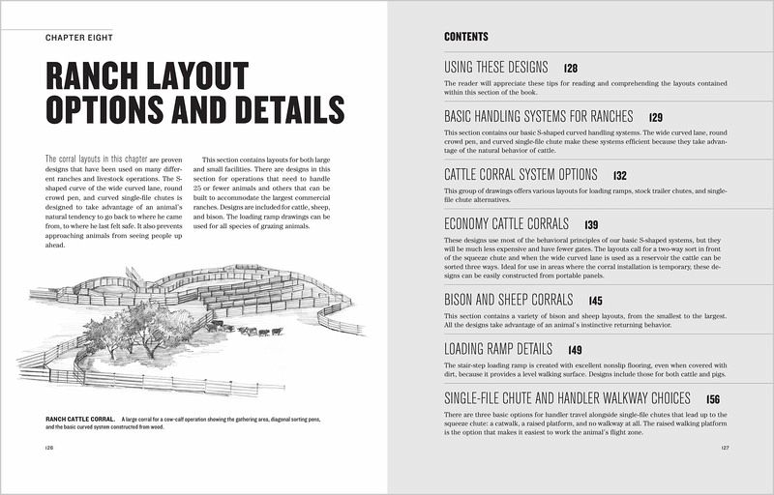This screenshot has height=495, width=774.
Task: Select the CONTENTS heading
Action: point(465,38)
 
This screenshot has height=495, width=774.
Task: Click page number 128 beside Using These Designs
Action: point(571,70)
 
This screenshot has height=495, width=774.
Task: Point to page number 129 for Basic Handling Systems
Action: point(656,117)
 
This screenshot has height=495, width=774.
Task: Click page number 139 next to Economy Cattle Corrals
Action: point(591,224)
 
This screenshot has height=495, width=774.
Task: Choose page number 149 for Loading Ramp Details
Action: point(576,350)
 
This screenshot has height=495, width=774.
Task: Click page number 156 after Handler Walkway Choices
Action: point(713,398)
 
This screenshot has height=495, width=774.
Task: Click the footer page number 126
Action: point(49,448)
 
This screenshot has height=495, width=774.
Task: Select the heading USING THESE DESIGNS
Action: point(495,69)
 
